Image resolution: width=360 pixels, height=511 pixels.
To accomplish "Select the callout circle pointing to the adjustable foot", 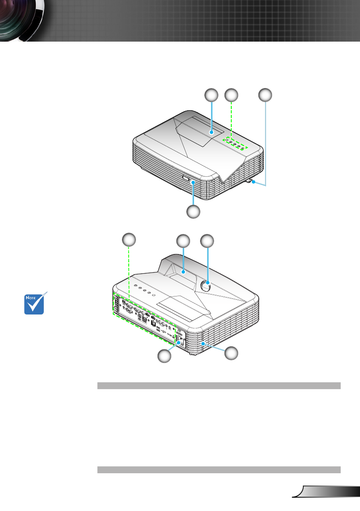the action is (265, 95).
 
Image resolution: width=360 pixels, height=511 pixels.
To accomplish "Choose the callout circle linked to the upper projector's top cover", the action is (211, 95).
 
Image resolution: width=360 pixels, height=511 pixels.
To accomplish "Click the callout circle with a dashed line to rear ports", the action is (129, 239).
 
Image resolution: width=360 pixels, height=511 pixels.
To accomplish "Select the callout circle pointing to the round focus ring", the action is (208, 241).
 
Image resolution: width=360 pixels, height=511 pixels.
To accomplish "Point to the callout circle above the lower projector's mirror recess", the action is (183, 241).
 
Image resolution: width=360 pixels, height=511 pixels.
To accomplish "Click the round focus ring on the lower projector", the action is (207, 287).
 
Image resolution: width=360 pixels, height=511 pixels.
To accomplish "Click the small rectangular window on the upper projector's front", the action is (186, 178).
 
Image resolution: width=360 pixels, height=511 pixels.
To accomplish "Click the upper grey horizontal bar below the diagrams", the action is (219, 386).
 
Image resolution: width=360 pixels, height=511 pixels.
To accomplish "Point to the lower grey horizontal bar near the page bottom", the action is (219, 470).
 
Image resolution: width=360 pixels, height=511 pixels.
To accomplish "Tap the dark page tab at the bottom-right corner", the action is (328, 491).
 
